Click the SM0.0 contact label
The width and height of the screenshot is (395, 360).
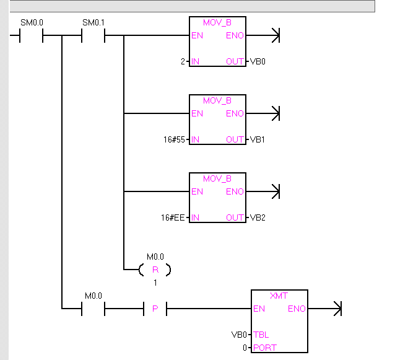pyautogui.click(x=32, y=23)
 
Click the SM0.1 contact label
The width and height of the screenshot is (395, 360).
pyautogui.click(x=93, y=23)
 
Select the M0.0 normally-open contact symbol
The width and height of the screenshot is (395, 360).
pyautogui.click(x=93, y=308)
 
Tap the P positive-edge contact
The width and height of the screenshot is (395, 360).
pyautogui.click(x=155, y=308)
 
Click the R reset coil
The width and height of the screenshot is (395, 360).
pyautogui.click(x=155, y=270)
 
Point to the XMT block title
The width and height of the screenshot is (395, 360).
pyautogui.click(x=279, y=296)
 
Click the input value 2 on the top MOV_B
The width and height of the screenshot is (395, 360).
pyautogui.click(x=183, y=62)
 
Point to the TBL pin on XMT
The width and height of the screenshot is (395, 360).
pyautogui.click(x=261, y=335)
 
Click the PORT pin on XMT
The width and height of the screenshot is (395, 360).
pyautogui.click(x=264, y=348)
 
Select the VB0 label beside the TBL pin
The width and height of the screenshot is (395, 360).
pyautogui.click(x=239, y=335)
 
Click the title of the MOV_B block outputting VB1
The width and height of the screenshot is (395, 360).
pyautogui.click(x=217, y=100)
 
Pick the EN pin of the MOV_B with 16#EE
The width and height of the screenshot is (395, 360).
pyautogui.click(x=197, y=191)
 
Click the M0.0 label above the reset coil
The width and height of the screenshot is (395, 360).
pyautogui.click(x=155, y=257)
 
